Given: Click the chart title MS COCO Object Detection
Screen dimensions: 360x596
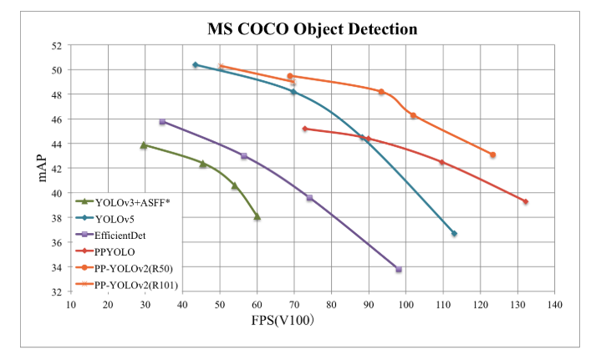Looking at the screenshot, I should pos(312,29).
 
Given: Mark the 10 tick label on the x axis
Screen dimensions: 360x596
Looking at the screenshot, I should pos(71,305).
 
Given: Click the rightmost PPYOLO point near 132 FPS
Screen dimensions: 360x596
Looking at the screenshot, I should pos(525,201).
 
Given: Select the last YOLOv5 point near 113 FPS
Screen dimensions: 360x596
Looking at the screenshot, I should pos(454,233).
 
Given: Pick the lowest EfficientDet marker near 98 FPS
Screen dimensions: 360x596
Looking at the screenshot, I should pos(399,269).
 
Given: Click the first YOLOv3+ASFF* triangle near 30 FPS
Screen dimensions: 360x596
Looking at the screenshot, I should pos(144,145).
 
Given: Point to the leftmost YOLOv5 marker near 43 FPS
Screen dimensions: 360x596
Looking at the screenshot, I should pos(195,64).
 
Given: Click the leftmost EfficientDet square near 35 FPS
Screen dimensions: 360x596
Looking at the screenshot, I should pos(162,122).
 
